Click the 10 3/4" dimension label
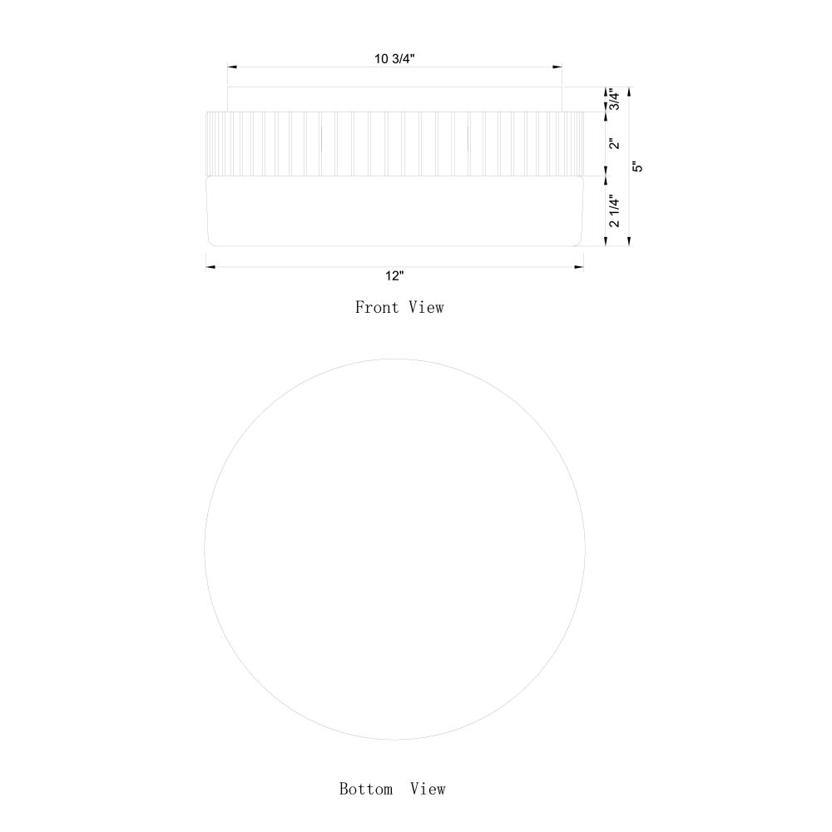click(x=394, y=59)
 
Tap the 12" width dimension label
click(x=394, y=276)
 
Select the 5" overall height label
click(x=638, y=166)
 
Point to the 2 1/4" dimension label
click(x=614, y=210)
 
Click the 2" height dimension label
click(x=614, y=144)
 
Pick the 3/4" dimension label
click(x=614, y=99)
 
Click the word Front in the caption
click(x=377, y=307)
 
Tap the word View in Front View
click(x=426, y=307)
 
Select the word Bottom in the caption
click(x=366, y=789)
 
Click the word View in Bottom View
click(x=428, y=789)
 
